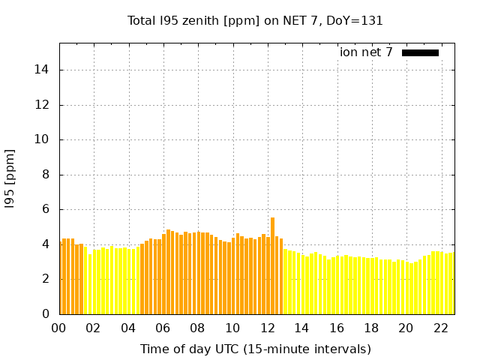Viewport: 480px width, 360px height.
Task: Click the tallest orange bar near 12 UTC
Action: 272,265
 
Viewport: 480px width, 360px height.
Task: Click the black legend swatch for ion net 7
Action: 420,53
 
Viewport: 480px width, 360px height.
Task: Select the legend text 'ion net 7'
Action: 366,52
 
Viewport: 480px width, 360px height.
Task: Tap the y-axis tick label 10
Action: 41,139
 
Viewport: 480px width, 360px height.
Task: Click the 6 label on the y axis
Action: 46,209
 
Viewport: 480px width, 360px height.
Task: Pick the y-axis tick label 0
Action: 46,313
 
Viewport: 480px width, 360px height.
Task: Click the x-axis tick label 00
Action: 58,328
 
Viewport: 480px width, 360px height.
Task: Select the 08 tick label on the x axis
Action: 197,328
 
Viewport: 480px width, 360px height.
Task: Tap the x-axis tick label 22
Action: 441,328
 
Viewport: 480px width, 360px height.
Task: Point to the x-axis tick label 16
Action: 337,328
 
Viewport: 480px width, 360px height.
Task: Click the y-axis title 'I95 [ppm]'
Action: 10,179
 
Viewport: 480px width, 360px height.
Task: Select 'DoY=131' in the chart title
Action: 355,21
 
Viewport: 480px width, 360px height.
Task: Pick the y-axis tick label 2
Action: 46,279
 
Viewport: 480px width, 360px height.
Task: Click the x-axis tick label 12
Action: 267,328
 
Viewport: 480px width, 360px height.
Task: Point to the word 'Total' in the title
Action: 142,21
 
